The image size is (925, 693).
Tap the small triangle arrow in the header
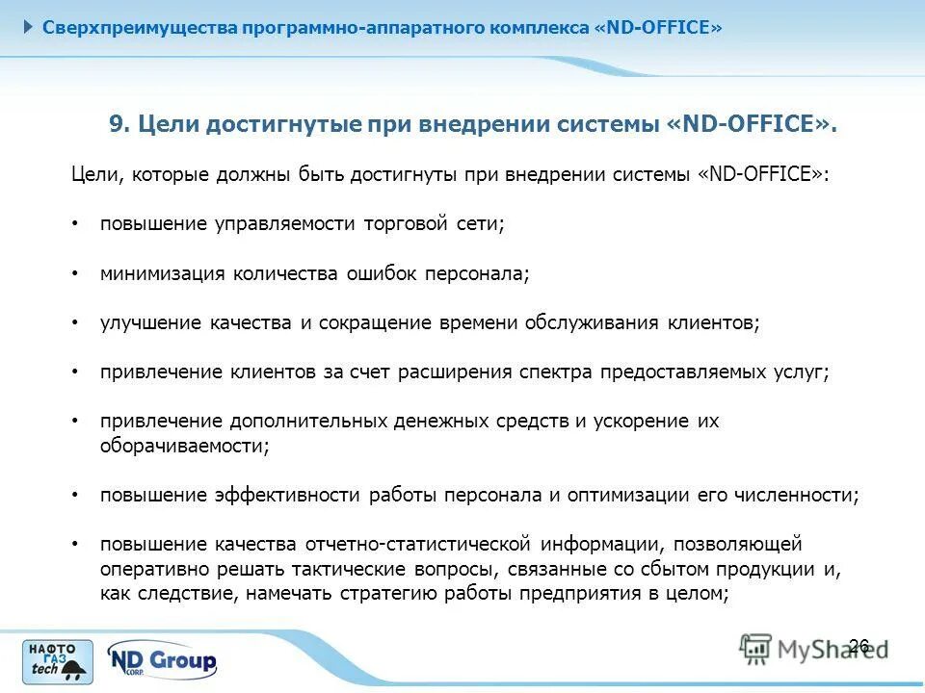pyautogui.click(x=28, y=26)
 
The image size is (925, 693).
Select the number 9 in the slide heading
pyautogui.click(x=117, y=126)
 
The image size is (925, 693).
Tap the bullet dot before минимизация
pyautogui.click(x=76, y=273)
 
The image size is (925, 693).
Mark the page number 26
pyautogui.click(x=859, y=645)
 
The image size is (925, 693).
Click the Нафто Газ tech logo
pyautogui.click(x=59, y=661)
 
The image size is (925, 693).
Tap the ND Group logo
pyautogui.click(x=162, y=661)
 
